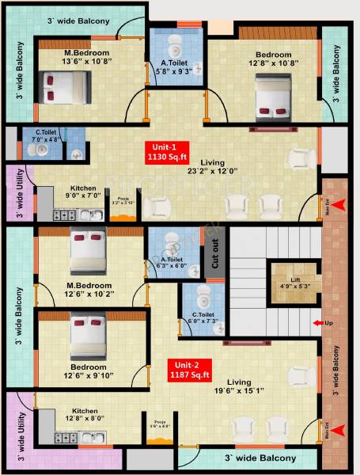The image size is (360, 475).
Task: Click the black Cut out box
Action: point(214,253)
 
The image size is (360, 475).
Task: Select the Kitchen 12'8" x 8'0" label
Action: point(85,416)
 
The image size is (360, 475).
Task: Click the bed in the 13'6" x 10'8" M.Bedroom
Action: point(58,86)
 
